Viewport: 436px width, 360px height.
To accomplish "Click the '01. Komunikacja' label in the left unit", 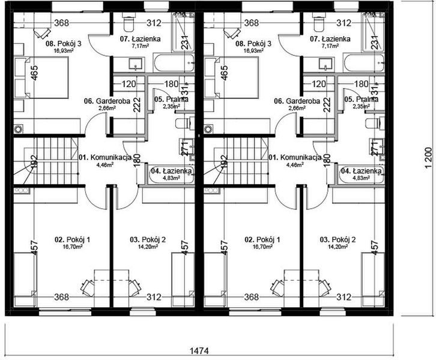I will [105, 157].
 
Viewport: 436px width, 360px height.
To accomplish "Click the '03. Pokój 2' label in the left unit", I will [148, 239].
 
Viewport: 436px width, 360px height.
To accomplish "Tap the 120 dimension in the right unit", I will [319, 85].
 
